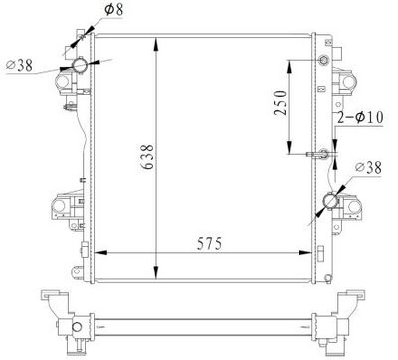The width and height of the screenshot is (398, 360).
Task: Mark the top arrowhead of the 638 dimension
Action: click(156, 41)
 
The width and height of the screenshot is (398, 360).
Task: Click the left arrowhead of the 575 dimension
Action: click(94, 254)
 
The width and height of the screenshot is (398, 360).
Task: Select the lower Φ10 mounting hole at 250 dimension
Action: click(321, 155)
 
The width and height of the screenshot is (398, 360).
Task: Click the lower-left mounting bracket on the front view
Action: click(62, 209)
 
